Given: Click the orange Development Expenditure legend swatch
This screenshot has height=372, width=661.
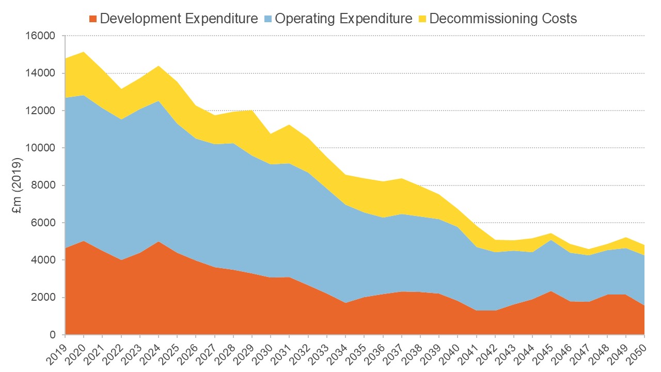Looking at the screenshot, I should tap(93, 19).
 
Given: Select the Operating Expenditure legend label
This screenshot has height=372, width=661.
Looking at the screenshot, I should tap(343, 19).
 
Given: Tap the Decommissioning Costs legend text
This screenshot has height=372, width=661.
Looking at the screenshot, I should tap(503, 19).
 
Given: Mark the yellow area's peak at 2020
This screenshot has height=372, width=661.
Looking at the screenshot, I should tap(84, 52).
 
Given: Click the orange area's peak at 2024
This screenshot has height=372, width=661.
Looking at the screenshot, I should tap(159, 242).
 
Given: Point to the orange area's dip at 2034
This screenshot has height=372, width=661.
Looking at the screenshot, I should tap(345, 303).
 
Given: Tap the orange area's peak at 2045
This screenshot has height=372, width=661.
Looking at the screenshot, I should tap(551, 291).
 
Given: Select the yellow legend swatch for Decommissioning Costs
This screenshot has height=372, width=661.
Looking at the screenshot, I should tap(422, 19).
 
